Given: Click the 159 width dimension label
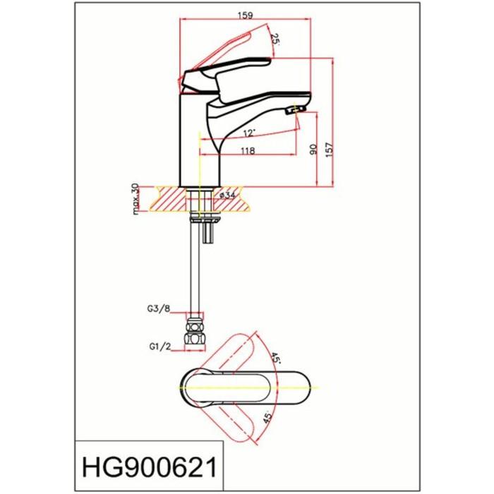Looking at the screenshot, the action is click(246, 15).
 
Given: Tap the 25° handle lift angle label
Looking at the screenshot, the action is click(275, 40).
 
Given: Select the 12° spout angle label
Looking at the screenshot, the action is click(248, 133).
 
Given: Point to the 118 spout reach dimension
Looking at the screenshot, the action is click(248, 151).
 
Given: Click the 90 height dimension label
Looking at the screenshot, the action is click(313, 150).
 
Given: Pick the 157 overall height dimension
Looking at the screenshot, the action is click(329, 150).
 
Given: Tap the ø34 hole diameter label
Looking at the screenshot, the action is click(227, 195).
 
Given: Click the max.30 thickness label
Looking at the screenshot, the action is click(135, 199).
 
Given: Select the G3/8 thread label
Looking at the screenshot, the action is click(159, 309).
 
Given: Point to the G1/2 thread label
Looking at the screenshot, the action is click(160, 347).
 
